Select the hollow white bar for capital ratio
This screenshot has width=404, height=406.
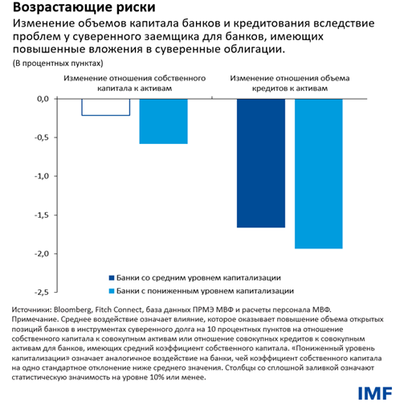pos(106,106)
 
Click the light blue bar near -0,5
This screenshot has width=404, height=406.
pos(163,121)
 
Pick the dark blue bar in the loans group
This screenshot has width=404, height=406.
pos(261,162)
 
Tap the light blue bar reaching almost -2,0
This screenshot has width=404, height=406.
pos(318,173)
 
